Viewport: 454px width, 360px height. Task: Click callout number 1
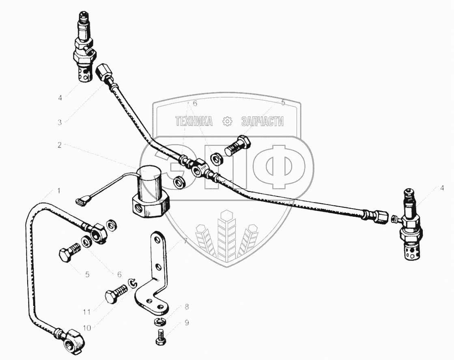point(59,191)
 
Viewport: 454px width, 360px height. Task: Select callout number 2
point(60,145)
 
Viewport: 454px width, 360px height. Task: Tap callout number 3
point(60,122)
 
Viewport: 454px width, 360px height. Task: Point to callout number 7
point(185,242)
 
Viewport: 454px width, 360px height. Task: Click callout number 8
point(187,306)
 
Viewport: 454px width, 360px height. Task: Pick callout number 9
point(187,323)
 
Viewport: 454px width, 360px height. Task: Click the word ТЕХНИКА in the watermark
point(194,121)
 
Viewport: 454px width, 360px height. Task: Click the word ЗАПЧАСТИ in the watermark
point(262,121)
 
